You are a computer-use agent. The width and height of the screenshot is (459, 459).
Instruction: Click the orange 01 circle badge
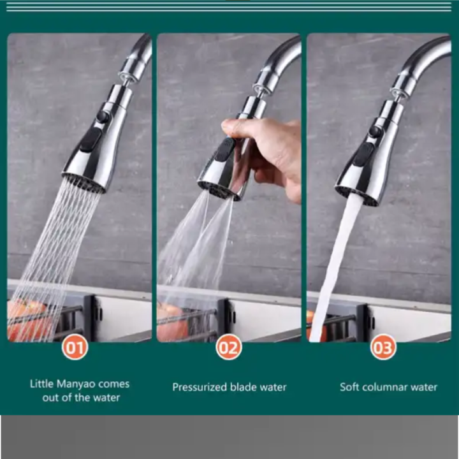pyautogui.click(x=75, y=347)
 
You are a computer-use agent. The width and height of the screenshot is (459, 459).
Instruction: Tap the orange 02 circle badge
pyautogui.click(x=229, y=347)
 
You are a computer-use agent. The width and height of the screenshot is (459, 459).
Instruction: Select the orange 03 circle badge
pyautogui.click(x=383, y=347)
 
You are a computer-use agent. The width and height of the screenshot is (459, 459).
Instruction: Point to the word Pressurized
pyautogui.click(x=200, y=387)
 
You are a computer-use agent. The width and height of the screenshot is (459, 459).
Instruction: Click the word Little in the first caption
pyautogui.click(x=41, y=384)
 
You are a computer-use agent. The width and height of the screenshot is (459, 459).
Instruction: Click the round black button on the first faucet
pyautogui.click(x=103, y=117)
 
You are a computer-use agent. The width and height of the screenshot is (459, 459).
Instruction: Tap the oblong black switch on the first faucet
pyautogui.click(x=91, y=140)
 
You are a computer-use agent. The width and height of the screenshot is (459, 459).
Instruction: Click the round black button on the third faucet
pyautogui.click(x=375, y=131)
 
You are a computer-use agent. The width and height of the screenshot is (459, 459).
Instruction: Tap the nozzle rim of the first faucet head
pyautogui.click(x=84, y=183)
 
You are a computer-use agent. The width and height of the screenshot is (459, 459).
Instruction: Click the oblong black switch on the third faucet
pyautogui.click(x=363, y=154)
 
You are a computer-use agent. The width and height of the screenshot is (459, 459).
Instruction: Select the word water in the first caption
pyautogui.click(x=106, y=398)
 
